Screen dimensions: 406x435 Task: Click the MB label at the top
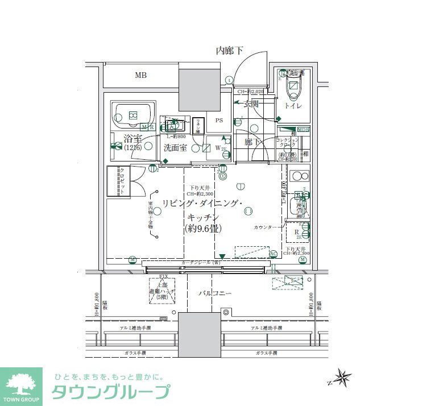tap(139, 75)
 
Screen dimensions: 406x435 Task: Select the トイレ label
tap(293, 106)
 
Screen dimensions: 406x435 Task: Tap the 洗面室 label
tap(175, 147)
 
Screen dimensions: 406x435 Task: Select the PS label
tap(219, 121)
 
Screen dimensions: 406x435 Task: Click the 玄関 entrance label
tap(251, 104)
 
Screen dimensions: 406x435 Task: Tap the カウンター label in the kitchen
tap(266, 227)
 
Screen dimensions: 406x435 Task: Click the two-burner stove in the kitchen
tap(299, 176)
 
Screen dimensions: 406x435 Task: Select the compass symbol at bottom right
tap(342, 377)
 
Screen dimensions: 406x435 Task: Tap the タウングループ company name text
tap(111, 392)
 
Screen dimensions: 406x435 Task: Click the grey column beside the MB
tap(199, 89)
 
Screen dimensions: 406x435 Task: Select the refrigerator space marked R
tap(297, 232)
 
